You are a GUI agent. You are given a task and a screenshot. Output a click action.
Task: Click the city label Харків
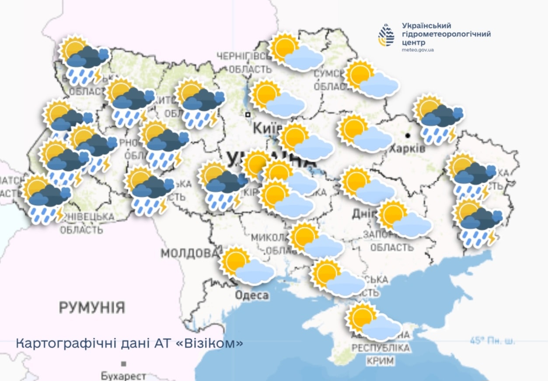click(408, 148)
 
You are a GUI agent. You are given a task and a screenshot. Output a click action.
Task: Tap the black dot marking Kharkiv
click(408, 135)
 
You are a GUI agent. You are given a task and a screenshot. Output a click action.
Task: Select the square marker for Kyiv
click(248, 114)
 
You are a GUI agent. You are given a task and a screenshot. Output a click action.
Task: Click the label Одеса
click(251, 295)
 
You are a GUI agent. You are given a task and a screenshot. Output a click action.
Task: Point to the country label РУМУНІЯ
click(92, 307)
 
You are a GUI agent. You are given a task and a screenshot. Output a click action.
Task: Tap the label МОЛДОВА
click(189, 253)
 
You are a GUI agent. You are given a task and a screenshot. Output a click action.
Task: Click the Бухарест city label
click(123, 376)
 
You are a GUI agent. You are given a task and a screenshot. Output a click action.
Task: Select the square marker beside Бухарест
click(124, 364)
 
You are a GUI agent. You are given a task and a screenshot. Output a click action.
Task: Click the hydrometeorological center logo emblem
click(386, 35)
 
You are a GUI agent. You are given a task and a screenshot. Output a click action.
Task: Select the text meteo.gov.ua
click(418, 50)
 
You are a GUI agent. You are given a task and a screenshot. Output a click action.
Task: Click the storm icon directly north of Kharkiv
click(438, 119)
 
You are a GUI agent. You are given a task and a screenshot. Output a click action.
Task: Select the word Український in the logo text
click(426, 26)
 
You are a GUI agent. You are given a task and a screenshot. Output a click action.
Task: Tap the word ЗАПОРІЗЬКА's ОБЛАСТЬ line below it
click(391, 247)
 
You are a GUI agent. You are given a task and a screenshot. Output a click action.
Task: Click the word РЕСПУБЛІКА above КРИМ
click(381, 348)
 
